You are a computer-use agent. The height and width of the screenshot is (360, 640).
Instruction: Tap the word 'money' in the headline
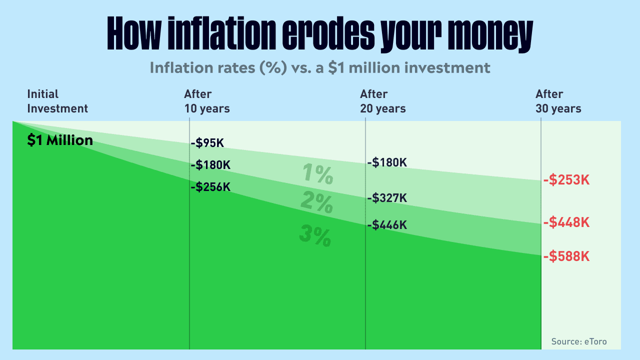[x=490, y=35]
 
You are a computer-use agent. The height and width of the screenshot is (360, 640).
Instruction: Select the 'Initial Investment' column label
[x=57, y=101]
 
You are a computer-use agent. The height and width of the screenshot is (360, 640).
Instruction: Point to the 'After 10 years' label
[x=207, y=101]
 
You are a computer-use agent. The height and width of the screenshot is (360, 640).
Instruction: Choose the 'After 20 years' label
[x=382, y=101]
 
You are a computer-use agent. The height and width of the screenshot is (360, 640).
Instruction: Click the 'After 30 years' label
[x=558, y=101]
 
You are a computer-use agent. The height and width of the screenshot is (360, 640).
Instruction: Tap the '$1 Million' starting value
[x=60, y=140]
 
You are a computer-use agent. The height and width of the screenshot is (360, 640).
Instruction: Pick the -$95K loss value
[x=207, y=143]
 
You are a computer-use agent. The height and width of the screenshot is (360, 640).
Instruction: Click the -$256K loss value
[x=210, y=187]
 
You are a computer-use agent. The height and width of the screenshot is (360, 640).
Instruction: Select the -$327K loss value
[x=387, y=198]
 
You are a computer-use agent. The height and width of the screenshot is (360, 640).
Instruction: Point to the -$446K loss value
[x=387, y=225]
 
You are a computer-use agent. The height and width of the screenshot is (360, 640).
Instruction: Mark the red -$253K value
[x=566, y=180]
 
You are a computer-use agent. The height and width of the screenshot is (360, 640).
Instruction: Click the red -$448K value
[x=566, y=222]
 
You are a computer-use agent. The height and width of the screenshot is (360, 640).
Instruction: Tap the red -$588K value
[x=566, y=256]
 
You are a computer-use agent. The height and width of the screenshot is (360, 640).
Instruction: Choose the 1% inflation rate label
[x=317, y=173]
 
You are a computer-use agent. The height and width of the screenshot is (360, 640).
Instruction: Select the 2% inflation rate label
[x=317, y=202]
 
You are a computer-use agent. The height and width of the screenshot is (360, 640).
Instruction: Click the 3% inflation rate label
[x=315, y=235]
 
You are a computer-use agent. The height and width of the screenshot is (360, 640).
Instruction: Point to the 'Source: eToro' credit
[x=579, y=341]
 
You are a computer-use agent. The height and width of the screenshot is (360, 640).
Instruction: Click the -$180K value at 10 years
[x=210, y=165]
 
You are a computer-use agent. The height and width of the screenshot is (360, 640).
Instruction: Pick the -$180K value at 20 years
[x=387, y=162]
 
